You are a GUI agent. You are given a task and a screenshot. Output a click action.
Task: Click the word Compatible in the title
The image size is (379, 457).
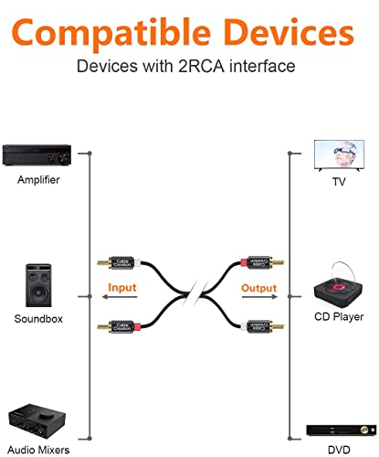111,34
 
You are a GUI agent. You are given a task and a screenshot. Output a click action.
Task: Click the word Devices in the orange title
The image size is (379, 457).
290,32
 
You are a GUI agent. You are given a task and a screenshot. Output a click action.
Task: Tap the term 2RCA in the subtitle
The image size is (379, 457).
201,66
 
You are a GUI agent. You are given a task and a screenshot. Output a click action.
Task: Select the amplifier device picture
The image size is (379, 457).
37,154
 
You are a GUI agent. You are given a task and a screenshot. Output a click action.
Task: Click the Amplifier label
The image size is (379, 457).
38,179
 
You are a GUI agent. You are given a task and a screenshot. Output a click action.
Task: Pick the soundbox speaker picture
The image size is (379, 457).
38,285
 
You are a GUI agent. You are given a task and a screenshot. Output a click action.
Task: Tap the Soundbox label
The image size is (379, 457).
38,319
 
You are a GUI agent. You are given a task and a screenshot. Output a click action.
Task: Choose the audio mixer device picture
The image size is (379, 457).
37,421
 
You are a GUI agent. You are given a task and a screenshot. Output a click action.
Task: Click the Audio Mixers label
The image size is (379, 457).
38,450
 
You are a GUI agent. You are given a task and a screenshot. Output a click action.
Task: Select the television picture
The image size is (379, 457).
339,155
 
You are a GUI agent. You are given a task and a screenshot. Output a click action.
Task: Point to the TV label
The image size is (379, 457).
339,182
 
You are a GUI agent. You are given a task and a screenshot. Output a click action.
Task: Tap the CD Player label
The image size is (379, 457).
339,317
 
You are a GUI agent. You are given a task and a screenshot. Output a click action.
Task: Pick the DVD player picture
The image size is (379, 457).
342,430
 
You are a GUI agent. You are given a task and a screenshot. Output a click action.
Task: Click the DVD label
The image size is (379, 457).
339,450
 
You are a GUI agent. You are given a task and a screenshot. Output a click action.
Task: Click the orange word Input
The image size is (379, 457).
122,287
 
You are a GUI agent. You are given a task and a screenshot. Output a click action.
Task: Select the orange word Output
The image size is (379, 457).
259,288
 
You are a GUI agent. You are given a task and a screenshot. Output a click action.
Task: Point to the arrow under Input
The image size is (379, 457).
120,297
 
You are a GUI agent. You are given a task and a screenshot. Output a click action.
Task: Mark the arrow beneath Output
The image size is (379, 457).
259,297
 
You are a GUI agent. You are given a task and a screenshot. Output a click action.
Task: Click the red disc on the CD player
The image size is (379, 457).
339,287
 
